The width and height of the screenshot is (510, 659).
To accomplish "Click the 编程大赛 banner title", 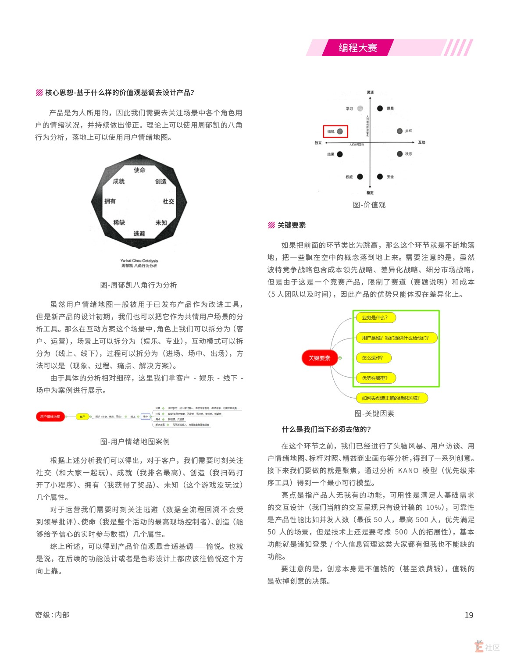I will tap(357, 48).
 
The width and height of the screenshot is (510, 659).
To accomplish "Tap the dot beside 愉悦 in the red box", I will tap(340, 131).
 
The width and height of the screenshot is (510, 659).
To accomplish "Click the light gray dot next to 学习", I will tap(360, 108).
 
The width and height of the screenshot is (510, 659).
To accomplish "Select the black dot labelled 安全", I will tap(380, 177).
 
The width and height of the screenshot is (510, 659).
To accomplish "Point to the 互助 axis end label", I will tap(421, 142).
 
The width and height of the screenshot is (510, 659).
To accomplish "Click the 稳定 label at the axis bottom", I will tap(370, 193).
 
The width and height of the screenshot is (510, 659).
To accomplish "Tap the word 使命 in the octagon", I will tap(139, 170).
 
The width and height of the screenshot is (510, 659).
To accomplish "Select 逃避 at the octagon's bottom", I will tap(139, 234).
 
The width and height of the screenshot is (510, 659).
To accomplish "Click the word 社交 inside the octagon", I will tap(168, 201).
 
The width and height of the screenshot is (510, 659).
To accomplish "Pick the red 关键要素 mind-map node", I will tap(319, 358).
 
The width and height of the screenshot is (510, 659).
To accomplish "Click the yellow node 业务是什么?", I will tap(375, 317).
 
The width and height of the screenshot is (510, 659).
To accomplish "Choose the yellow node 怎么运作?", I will tap(373, 358).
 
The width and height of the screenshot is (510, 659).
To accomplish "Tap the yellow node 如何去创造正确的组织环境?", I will tap(391, 398).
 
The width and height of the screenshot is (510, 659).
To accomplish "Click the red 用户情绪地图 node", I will tap(50, 417).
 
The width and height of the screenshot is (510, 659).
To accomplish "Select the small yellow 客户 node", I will tap(82, 417).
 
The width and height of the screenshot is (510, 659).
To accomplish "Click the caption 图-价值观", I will tap(369, 205).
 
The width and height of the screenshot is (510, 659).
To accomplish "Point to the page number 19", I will tap(469, 615).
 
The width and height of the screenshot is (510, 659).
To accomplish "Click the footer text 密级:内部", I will tap(52, 615).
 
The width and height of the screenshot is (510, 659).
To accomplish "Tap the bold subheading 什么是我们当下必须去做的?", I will tap(326, 429).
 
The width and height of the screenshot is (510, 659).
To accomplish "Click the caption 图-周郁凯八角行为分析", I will tap(139, 285).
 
